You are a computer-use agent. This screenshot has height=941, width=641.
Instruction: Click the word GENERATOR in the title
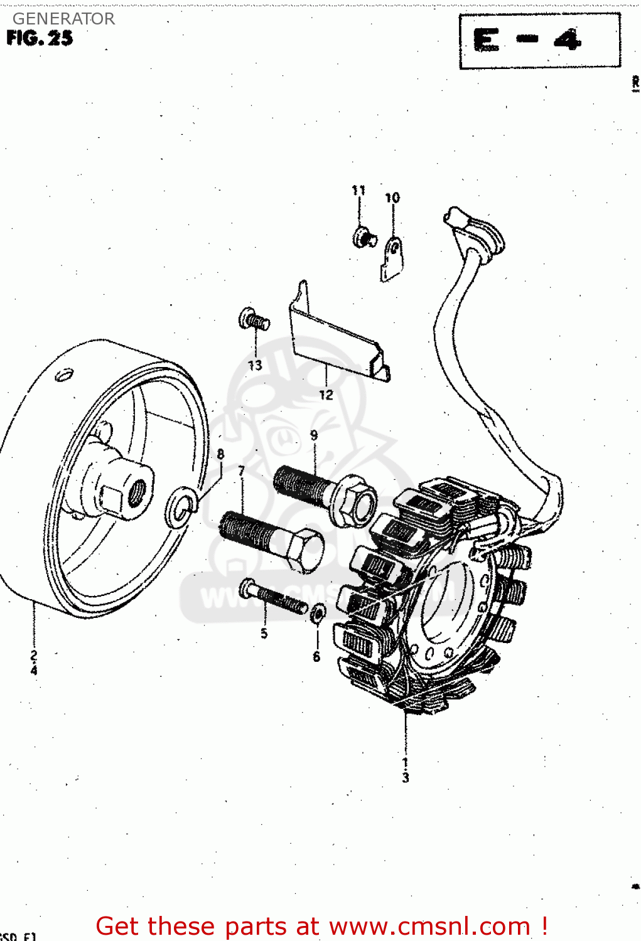(x=63, y=19)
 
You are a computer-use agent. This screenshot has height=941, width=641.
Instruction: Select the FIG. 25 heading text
(x=40, y=38)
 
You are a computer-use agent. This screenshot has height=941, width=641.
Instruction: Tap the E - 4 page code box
(x=539, y=41)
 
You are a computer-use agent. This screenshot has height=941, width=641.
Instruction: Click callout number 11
(x=358, y=190)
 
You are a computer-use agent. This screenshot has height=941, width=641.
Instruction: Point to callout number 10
(x=392, y=198)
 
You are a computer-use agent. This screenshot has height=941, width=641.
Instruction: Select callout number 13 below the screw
(x=255, y=365)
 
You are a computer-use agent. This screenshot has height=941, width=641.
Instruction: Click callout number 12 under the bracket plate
(x=326, y=395)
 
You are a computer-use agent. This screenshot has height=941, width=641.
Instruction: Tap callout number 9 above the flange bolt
(x=314, y=435)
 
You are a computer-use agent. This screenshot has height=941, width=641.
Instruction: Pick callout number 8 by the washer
(x=220, y=454)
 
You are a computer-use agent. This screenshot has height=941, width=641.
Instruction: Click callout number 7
(x=242, y=470)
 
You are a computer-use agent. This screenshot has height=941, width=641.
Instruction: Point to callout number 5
(x=264, y=634)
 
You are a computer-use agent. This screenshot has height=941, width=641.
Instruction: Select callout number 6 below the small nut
(x=316, y=657)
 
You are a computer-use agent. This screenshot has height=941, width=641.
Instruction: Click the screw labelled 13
(x=254, y=320)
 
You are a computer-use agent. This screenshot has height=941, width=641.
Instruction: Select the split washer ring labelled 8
(x=181, y=507)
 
